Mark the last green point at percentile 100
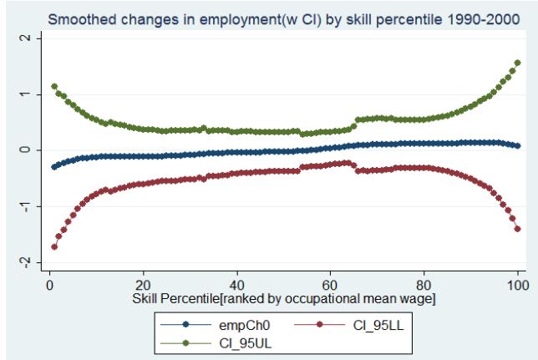click(518, 62)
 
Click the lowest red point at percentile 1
click(54, 247)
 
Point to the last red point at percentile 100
click(518, 229)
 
